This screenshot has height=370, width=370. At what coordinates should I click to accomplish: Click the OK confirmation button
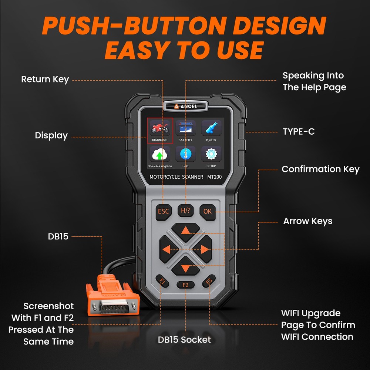(x=207, y=211)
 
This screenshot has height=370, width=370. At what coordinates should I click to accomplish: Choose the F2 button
(x=185, y=285)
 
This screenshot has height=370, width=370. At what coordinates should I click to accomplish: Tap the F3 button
(x=208, y=282)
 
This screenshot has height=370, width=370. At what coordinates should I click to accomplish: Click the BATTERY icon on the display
(x=185, y=129)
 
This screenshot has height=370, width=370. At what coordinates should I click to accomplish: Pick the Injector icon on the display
(x=211, y=129)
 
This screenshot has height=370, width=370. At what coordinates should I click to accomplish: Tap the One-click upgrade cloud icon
(x=160, y=154)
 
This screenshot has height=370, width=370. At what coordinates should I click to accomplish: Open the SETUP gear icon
(x=211, y=154)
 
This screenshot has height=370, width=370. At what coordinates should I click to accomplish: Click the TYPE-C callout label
(x=299, y=131)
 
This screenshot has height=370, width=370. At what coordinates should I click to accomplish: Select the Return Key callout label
(x=45, y=79)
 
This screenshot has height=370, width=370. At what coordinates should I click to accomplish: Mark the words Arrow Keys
(x=308, y=221)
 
